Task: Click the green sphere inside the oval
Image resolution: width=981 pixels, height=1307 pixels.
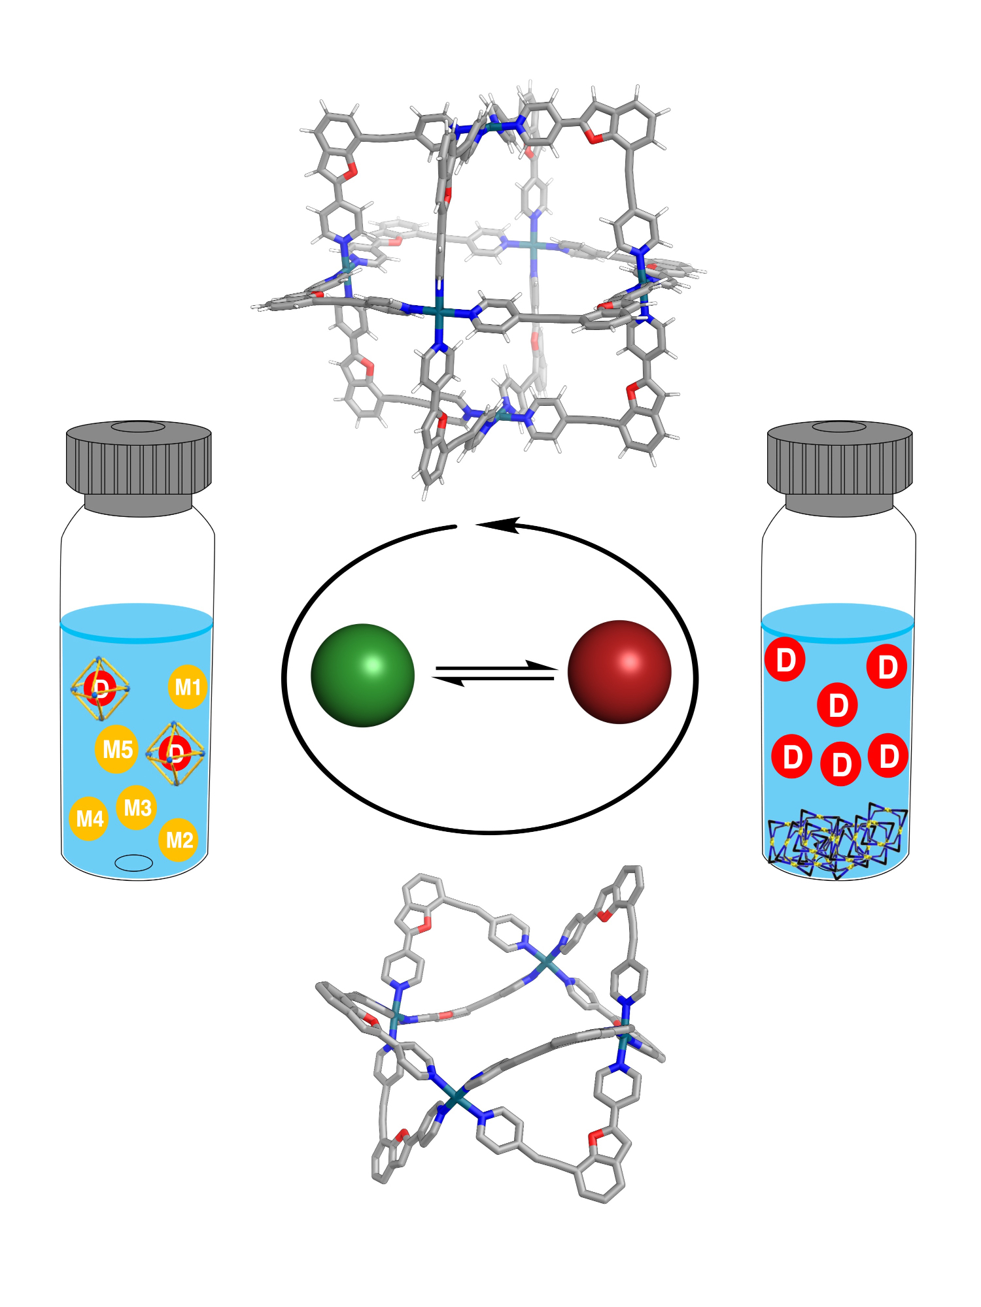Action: pyautogui.click(x=362, y=675)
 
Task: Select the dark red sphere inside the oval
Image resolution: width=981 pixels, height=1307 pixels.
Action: pyautogui.click(x=619, y=672)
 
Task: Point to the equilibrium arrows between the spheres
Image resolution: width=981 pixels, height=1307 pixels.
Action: pyautogui.click(x=495, y=674)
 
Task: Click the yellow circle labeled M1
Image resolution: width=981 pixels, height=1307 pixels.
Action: pyautogui.click(x=188, y=687)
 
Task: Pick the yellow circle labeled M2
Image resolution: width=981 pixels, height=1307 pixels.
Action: pyautogui.click(x=179, y=840)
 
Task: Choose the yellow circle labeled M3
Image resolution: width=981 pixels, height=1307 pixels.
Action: pyautogui.click(x=137, y=808)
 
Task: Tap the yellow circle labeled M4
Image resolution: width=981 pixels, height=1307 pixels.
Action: pyautogui.click(x=89, y=818)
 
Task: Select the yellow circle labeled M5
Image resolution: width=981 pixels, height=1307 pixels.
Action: pyautogui.click(x=117, y=749)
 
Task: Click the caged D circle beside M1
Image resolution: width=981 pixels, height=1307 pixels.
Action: pyautogui.click(x=100, y=687)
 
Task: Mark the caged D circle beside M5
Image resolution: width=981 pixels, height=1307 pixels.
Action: pyautogui.click(x=175, y=753)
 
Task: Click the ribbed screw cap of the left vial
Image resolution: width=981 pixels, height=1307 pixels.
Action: pyautogui.click(x=139, y=461)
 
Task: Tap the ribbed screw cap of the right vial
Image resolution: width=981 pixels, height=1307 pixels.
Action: pyautogui.click(x=840, y=461)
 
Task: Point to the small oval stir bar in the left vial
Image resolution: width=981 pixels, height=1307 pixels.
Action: pyautogui.click(x=133, y=863)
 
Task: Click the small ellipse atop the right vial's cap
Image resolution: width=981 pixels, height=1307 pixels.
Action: pyautogui.click(x=839, y=427)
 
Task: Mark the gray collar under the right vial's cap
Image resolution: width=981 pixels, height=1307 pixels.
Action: pyautogui.click(x=839, y=504)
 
